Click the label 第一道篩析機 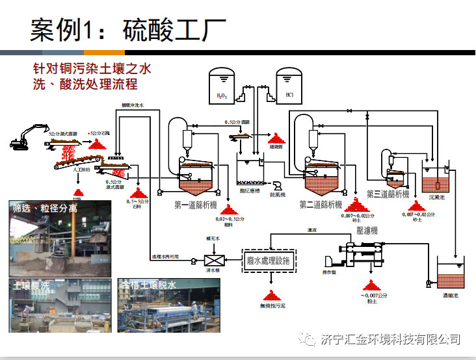pos(195,205)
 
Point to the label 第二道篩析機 pos(321,205)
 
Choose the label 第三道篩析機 pos(388,194)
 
